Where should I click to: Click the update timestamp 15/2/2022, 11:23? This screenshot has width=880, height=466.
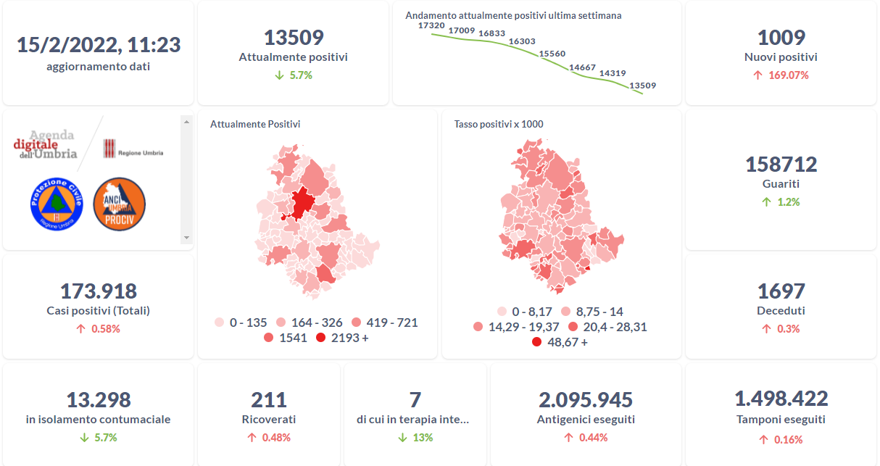pyautogui.click(x=99, y=45)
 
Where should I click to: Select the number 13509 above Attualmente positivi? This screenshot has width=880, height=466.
pyautogui.click(x=293, y=38)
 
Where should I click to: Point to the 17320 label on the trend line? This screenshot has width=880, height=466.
pyautogui.click(x=431, y=25)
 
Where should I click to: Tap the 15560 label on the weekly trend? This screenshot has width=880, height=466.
pyautogui.click(x=552, y=54)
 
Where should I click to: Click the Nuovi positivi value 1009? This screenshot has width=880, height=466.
pyautogui.click(x=781, y=38)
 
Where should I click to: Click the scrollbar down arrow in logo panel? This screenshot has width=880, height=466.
pyautogui.click(x=186, y=237)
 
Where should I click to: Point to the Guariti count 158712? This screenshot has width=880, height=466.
pyautogui.click(x=781, y=165)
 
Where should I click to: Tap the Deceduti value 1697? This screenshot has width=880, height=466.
pyautogui.click(x=781, y=291)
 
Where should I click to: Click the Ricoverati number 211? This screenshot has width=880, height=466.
pyautogui.click(x=269, y=399)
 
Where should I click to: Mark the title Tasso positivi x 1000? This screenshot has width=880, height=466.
pyautogui.click(x=499, y=124)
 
